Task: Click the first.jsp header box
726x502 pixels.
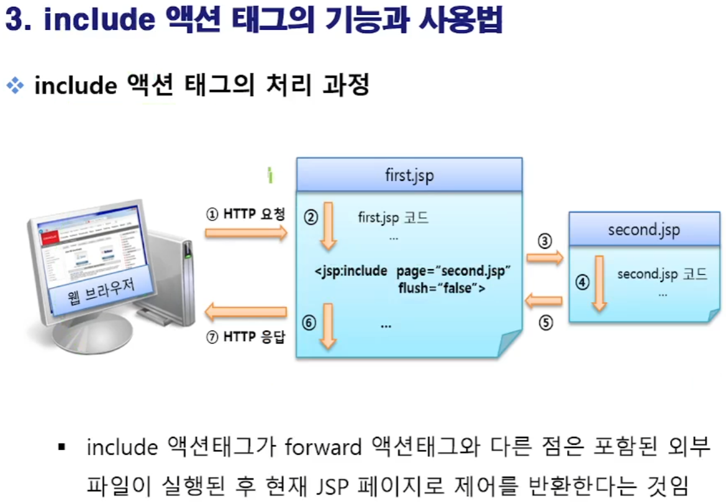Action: [409, 175]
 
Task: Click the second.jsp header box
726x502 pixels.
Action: [644, 229]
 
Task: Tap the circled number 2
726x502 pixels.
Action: [311, 217]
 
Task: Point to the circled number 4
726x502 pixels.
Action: [582, 283]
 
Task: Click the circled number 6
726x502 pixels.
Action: [310, 322]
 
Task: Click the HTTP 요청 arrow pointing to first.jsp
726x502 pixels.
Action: [246, 233]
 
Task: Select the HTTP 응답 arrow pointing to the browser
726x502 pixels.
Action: [246, 311]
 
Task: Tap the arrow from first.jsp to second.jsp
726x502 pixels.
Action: [545, 257]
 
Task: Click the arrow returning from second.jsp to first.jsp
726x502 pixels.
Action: [544, 302]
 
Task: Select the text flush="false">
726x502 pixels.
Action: [442, 288]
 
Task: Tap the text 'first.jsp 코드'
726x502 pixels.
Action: [393, 218]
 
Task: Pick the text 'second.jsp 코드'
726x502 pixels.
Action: [662, 274]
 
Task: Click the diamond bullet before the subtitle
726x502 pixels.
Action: [14, 85]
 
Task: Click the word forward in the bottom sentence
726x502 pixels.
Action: [324, 447]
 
